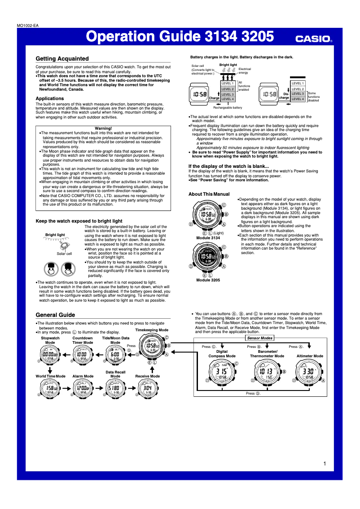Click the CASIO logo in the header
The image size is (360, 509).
pyautogui.click(x=313, y=39)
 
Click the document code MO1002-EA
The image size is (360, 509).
pyautogui.click(x=27, y=26)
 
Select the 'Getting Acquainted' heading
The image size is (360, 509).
pyautogui.click(x=62, y=59)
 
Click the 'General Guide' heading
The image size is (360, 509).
pyautogui.click(x=55, y=315)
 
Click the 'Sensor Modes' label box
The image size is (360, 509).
pyautogui.click(x=260, y=338)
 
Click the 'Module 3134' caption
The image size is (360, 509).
pyautogui.click(x=208, y=237)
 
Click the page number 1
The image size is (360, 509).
pyautogui.click(x=324, y=463)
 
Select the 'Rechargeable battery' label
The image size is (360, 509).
pyautogui.click(x=227, y=108)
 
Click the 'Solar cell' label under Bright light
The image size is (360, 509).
pyautogui.click(x=64, y=254)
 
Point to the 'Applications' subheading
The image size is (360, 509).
pyautogui.click(x=49, y=98)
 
